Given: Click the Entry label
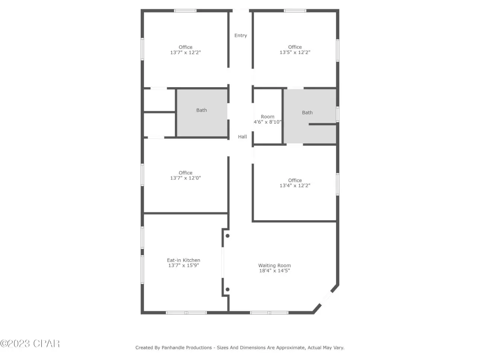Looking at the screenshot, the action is tap(240, 36).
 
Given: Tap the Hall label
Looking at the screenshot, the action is tap(242, 137).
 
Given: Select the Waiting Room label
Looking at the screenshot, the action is tap(275, 265).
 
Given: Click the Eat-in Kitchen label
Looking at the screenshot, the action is tap(184, 260).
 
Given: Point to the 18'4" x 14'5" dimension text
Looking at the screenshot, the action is tap(275, 270).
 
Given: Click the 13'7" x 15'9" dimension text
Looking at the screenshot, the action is tap(184, 265).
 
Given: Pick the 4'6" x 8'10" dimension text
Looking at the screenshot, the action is tap(268, 122).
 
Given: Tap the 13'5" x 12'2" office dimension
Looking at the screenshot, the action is tap(295, 52).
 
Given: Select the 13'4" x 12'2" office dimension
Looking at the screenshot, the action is tap(295, 186).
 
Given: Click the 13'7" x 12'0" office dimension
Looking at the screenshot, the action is tap(186, 178).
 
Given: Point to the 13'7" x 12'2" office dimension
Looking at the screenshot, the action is tap(186, 52).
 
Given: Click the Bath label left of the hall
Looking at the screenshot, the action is tap(202, 110).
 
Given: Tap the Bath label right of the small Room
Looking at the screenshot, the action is tap(307, 112).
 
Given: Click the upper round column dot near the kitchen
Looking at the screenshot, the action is tap(227, 236).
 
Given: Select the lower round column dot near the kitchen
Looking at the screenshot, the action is tap(227, 289).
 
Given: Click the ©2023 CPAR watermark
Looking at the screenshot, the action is tap(30, 344).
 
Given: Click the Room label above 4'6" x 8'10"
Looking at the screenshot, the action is tap(268, 117).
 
